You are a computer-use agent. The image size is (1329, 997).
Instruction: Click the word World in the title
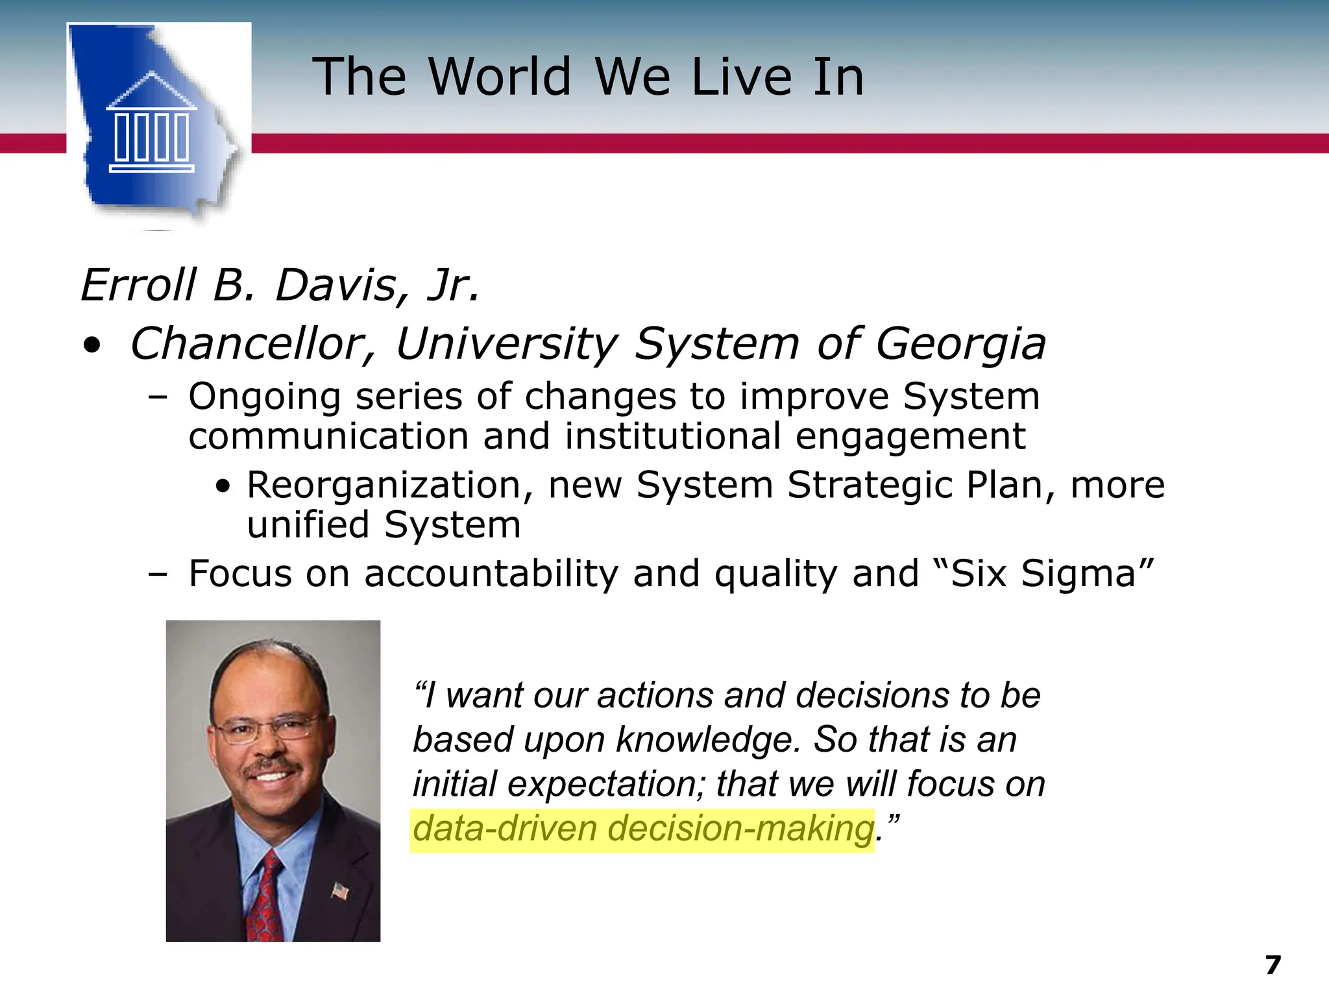click(500, 77)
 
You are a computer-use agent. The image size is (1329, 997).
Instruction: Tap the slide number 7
click(1273, 965)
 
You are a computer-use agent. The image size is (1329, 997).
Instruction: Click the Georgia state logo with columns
click(156, 123)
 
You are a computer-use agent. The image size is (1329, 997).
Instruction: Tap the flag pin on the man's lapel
click(339, 891)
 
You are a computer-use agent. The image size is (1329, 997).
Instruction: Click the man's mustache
click(272, 769)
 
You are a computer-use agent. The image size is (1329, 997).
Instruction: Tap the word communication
click(328, 436)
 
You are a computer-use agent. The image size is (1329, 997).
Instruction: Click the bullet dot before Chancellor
click(92, 345)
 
